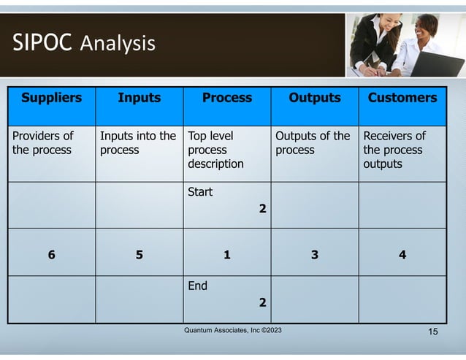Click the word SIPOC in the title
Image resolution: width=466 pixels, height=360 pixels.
click(x=42, y=43)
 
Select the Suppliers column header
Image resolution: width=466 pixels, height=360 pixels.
click(x=51, y=98)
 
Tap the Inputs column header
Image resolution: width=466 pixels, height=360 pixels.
click(x=139, y=98)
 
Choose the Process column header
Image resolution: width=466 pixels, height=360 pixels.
click(x=226, y=98)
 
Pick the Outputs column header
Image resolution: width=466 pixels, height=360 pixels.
click(x=314, y=98)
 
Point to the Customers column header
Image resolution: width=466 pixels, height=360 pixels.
click(x=402, y=98)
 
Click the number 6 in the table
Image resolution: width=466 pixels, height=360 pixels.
click(x=51, y=255)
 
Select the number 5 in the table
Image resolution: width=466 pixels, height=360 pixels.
click(x=139, y=255)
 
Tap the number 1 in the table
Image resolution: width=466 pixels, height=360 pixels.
click(x=226, y=255)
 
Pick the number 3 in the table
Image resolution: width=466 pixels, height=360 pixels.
click(x=314, y=255)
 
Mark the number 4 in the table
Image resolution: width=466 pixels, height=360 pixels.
click(x=402, y=255)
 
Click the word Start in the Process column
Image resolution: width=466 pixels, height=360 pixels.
click(x=200, y=193)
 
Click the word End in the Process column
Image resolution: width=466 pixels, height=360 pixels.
click(x=197, y=286)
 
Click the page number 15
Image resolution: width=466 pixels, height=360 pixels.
click(x=432, y=333)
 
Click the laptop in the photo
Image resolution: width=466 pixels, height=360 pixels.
click(x=438, y=64)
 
